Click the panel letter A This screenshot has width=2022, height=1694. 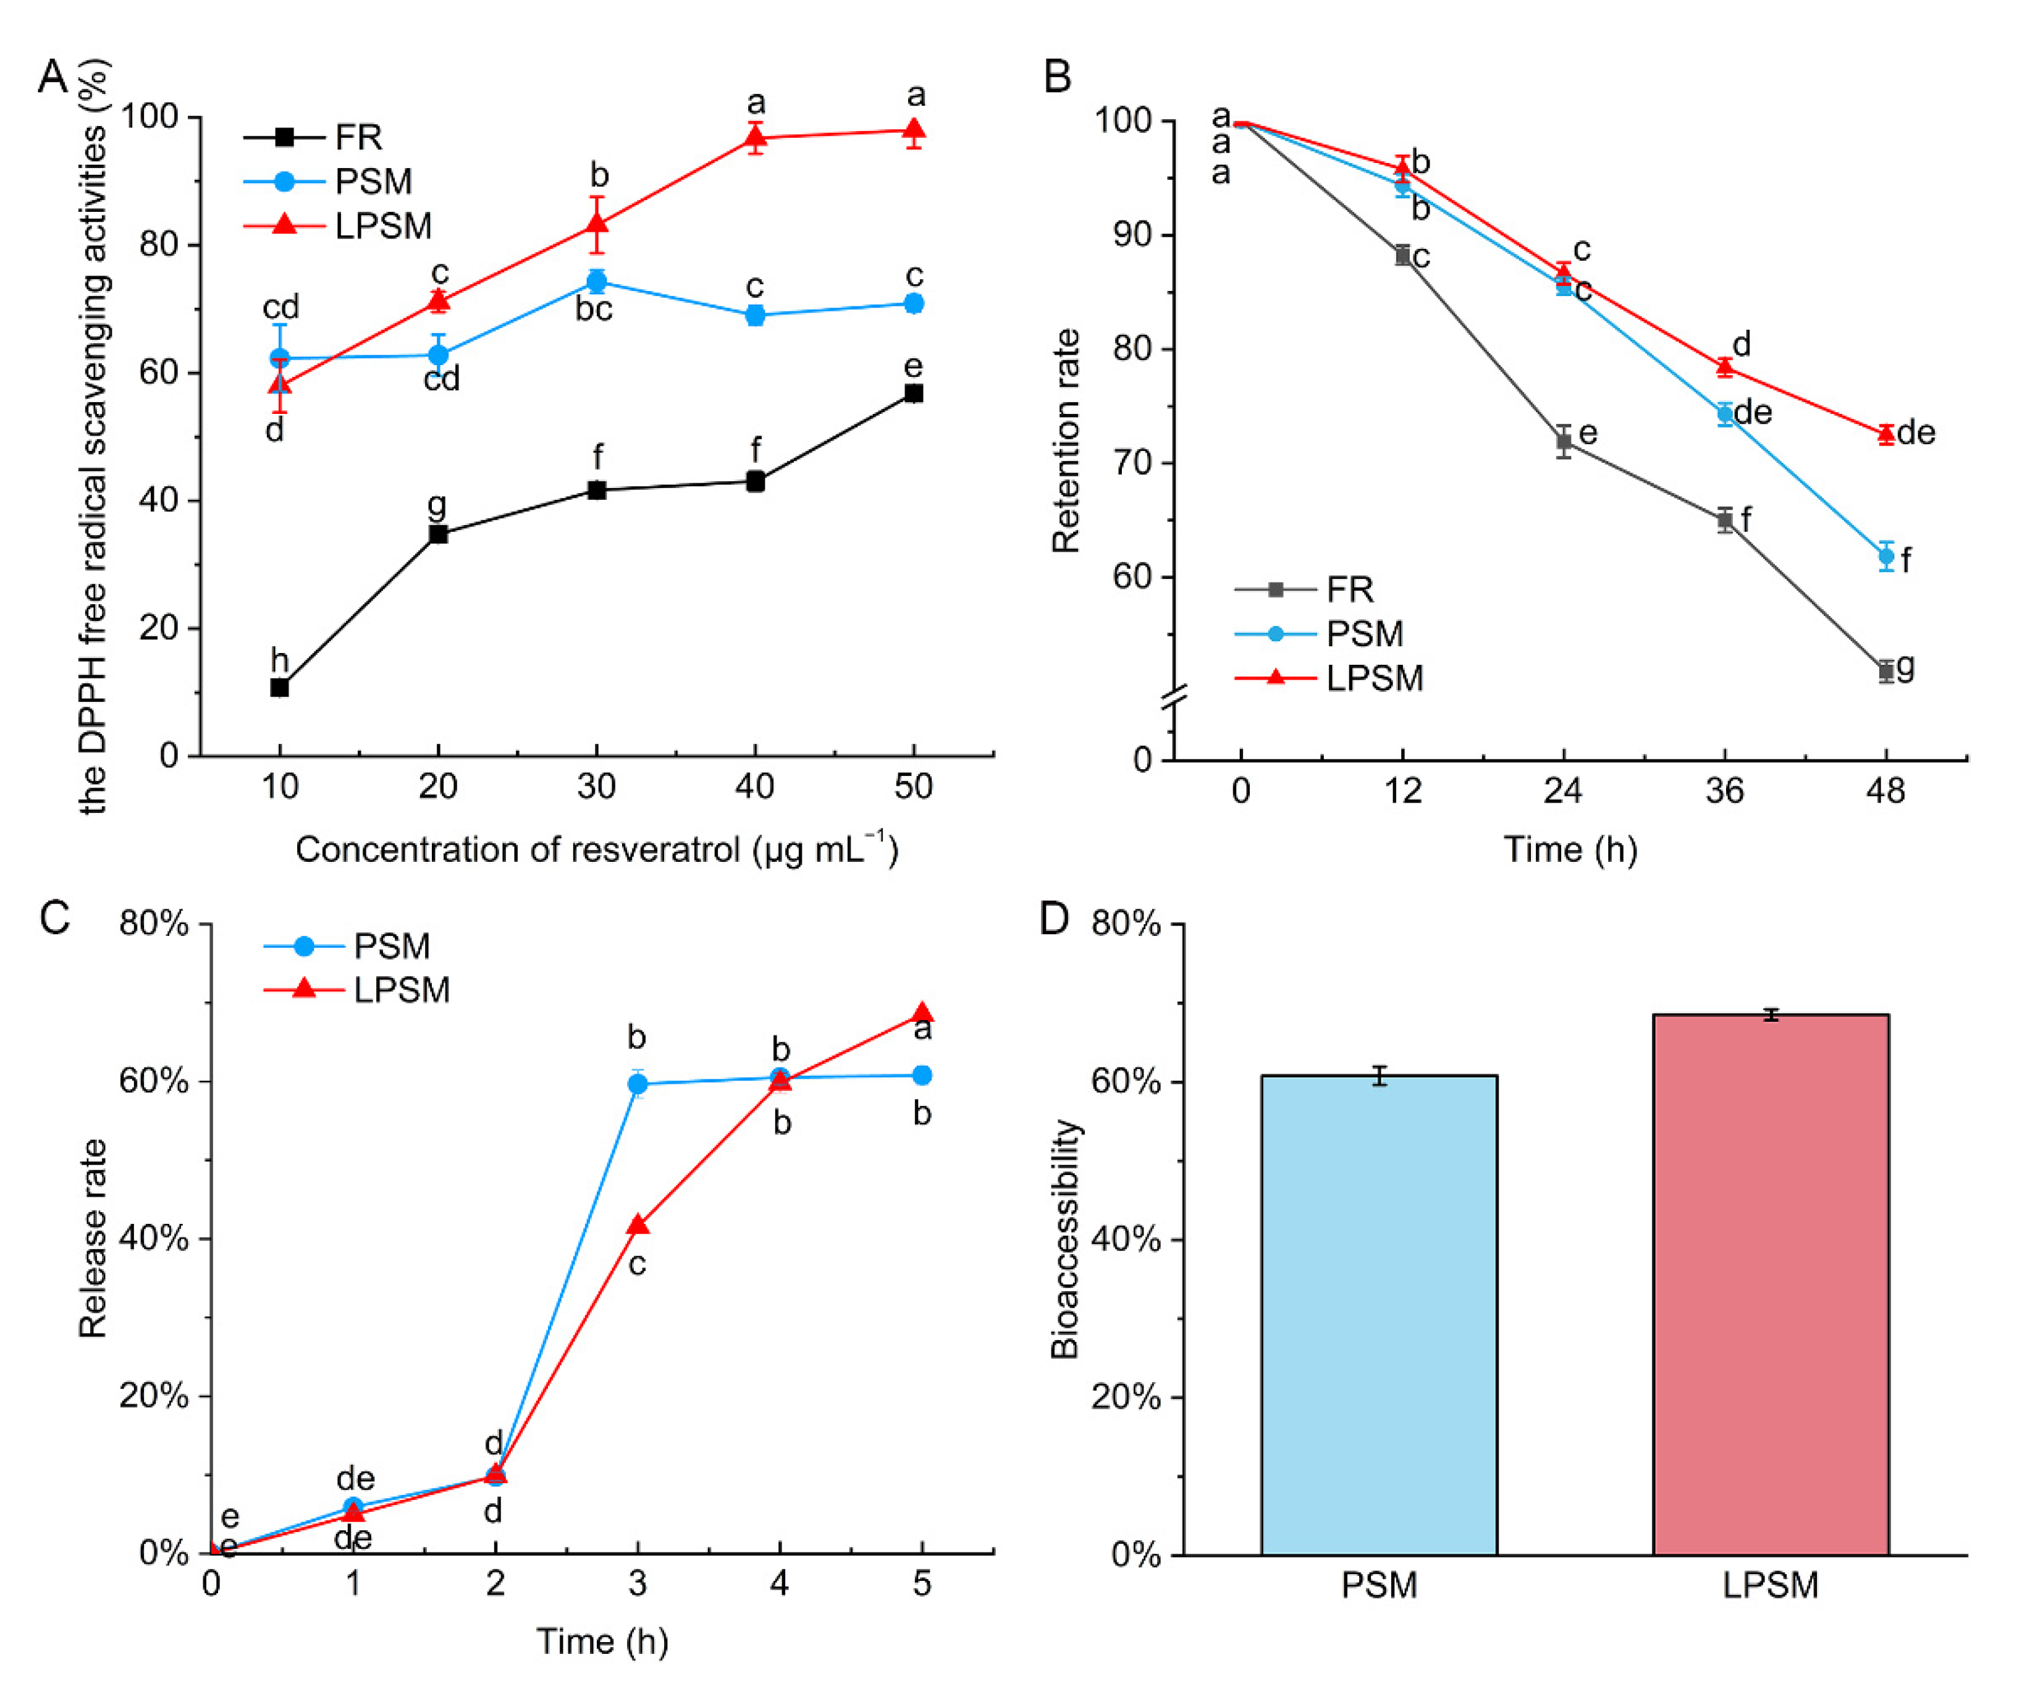point(53,76)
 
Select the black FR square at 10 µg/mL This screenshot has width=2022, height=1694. point(279,688)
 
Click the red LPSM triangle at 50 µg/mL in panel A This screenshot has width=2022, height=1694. point(914,130)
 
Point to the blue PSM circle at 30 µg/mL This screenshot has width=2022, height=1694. point(597,282)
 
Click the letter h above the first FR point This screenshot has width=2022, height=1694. point(279,660)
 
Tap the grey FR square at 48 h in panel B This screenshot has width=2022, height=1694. point(1885,672)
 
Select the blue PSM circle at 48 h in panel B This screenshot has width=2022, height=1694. point(1885,555)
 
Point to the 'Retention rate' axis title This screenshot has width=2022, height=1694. point(1066,441)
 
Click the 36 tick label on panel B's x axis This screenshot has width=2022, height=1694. point(1724,791)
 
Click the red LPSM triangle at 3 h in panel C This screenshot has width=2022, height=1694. point(638,1226)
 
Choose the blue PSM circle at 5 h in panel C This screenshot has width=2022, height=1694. point(922,1076)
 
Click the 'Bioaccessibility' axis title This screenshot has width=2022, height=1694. point(1065,1239)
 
